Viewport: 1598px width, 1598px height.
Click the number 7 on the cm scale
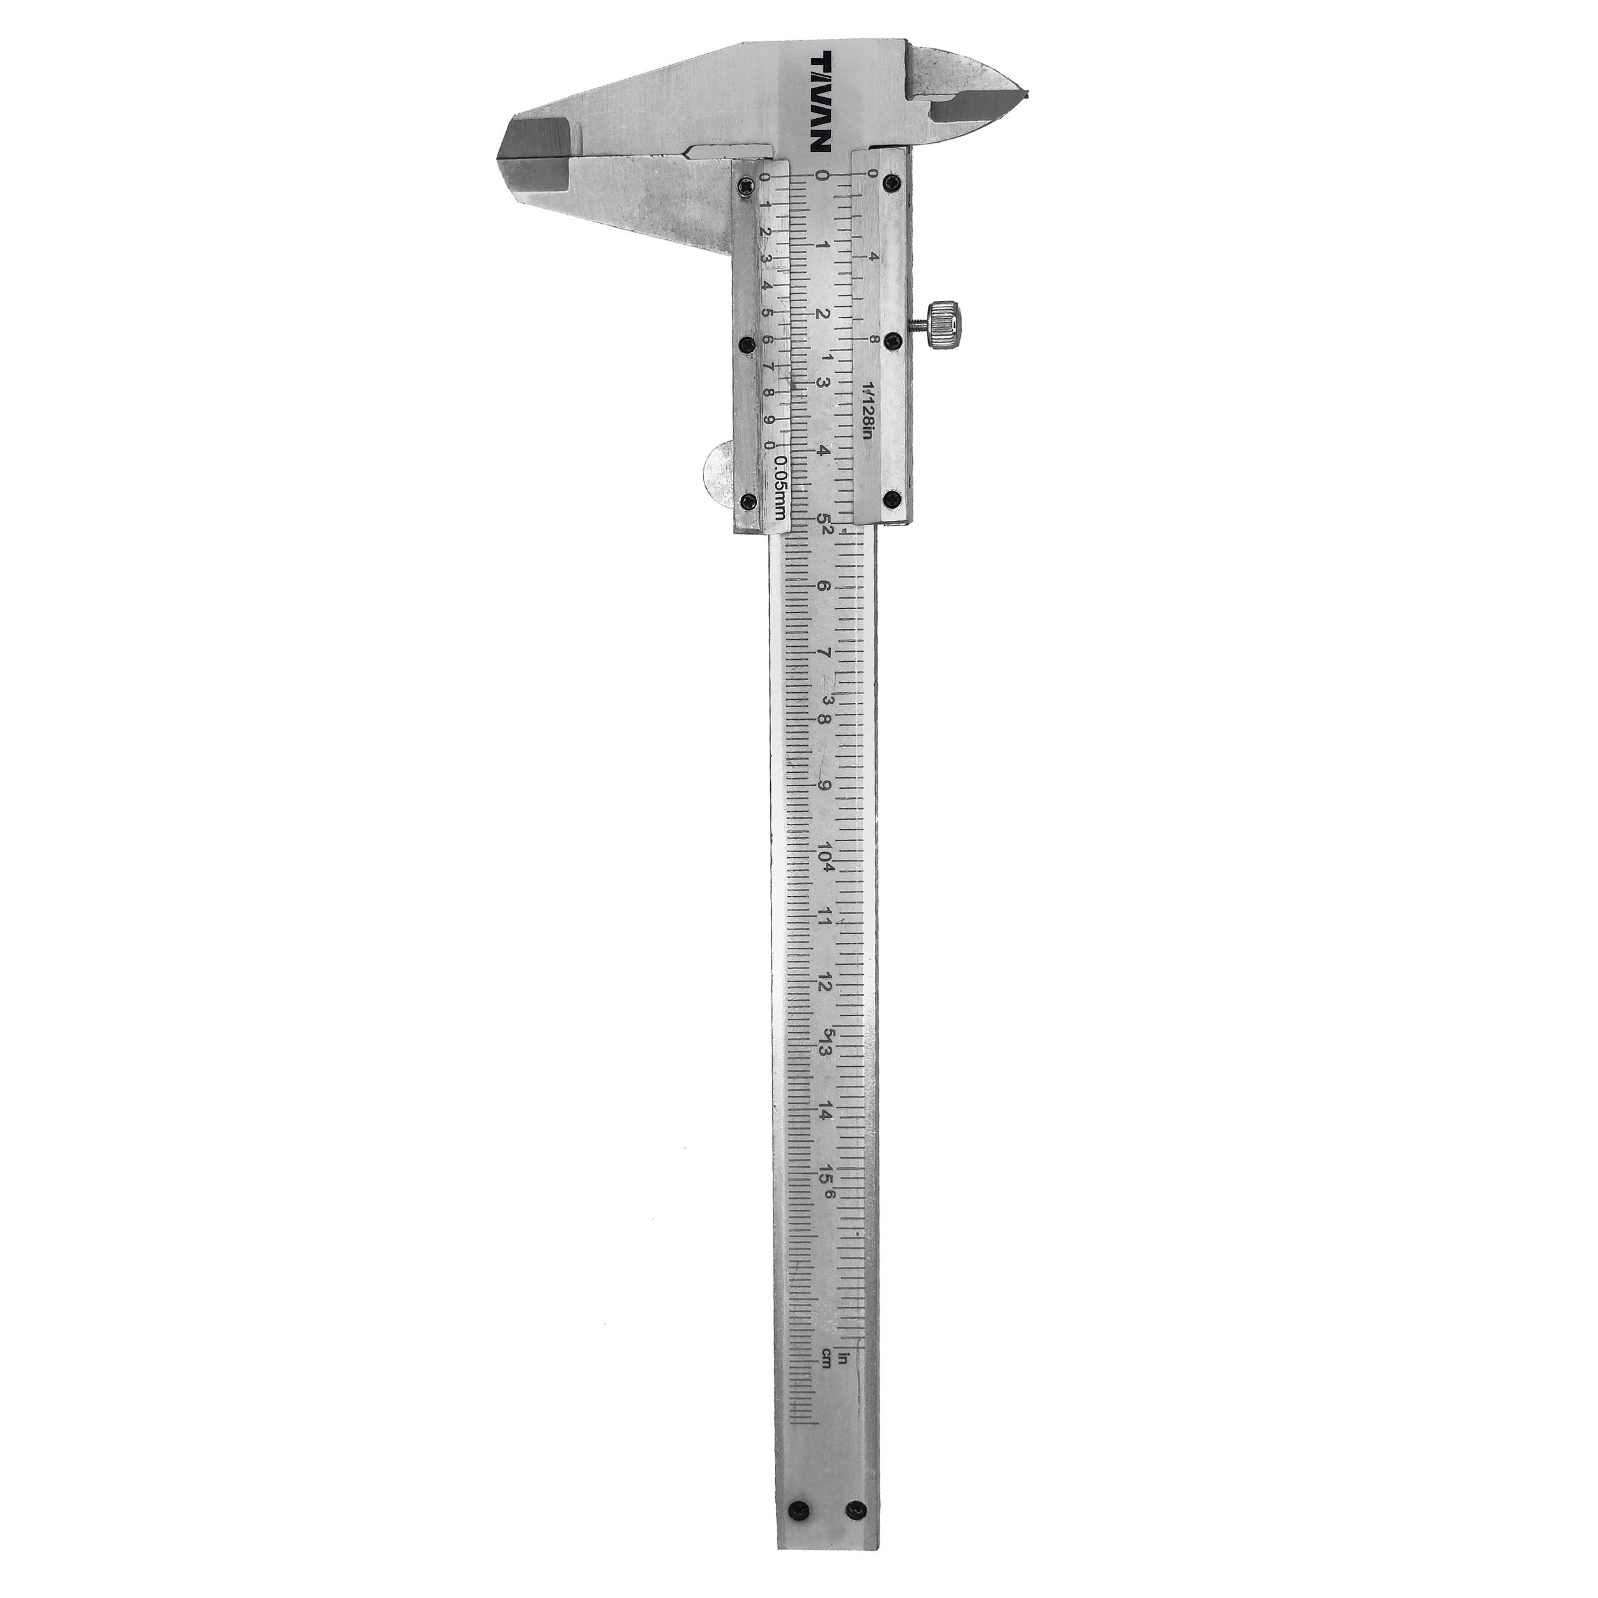pos(824,653)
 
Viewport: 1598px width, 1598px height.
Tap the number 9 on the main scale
pos(824,785)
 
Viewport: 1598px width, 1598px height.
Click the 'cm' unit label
pos(825,1357)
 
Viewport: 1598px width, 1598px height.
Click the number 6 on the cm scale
pos(824,586)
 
